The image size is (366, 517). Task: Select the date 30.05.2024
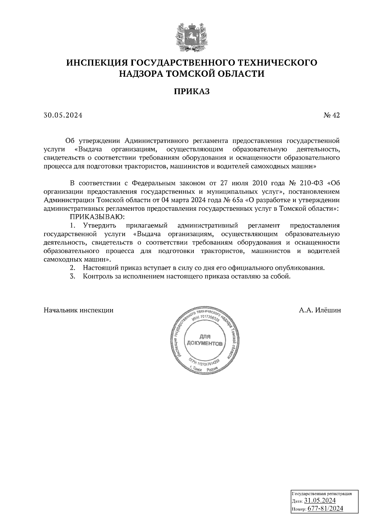pos(63,115)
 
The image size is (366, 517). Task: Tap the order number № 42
pos(332,115)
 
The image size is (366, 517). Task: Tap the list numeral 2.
pos(72,268)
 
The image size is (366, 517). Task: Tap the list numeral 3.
pos(72,276)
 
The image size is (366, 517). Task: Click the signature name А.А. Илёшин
pos(320,310)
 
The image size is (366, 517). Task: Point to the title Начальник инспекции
pos(79,310)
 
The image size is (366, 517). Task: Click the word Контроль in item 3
pos(96,276)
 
